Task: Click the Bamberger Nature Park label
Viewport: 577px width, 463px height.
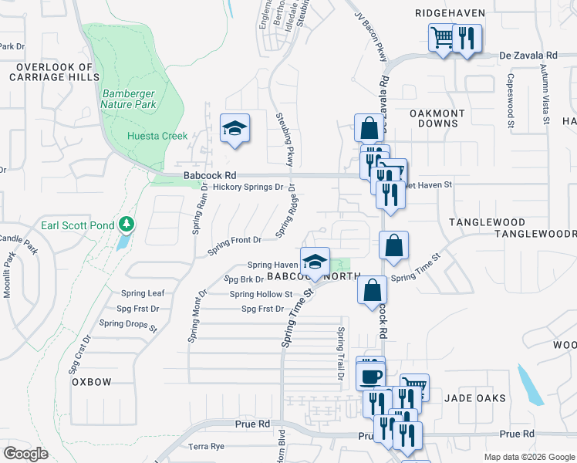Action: point(130,99)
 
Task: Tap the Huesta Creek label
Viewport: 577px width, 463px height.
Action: point(157,137)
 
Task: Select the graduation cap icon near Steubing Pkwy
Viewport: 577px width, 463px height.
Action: point(234,128)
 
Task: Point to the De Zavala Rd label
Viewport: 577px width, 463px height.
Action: point(528,56)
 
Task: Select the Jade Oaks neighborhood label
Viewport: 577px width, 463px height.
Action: point(475,398)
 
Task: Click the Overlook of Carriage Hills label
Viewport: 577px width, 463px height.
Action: point(54,73)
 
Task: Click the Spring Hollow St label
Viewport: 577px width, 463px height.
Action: point(261,294)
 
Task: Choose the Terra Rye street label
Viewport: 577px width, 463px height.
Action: point(206,447)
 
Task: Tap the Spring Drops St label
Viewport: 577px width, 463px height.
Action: point(137,326)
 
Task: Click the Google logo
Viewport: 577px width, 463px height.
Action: point(26,454)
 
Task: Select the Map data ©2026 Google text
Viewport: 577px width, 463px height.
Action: point(528,457)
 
